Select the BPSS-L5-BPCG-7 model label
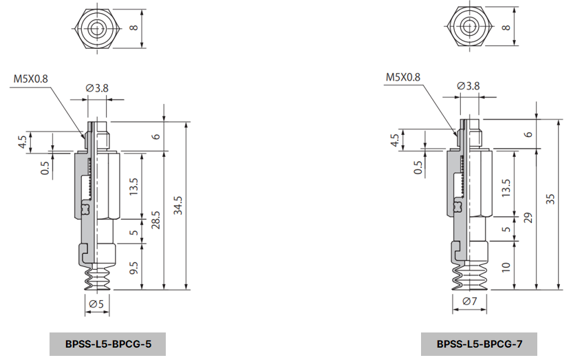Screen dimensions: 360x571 (x=478, y=343)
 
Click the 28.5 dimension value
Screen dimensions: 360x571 (x=156, y=221)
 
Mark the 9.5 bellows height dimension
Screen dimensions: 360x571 (x=133, y=266)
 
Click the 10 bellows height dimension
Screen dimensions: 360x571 (x=506, y=266)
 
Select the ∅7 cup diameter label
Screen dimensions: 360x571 (x=468, y=302)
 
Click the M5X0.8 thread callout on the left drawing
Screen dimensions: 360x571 (x=30, y=78)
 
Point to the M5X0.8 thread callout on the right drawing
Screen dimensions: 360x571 (x=402, y=77)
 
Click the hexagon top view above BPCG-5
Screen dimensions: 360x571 (x=96, y=28)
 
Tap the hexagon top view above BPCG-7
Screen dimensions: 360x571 (x=468, y=28)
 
